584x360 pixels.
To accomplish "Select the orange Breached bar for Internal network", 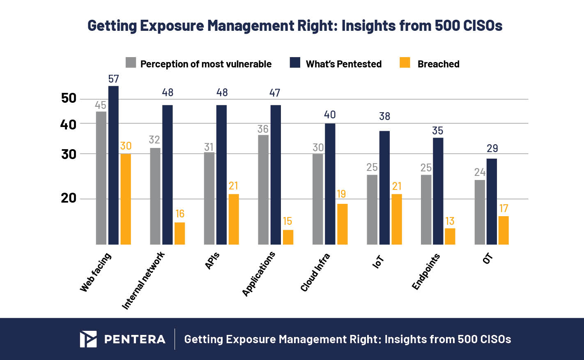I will (x=179, y=233).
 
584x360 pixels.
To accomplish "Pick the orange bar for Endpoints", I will (x=450, y=236).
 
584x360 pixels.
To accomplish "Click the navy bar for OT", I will (x=492, y=201).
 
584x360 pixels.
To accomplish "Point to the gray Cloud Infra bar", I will (x=317, y=199).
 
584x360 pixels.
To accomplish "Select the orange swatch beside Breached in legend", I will (x=405, y=63).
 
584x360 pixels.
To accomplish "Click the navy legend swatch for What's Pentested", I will (x=295, y=63).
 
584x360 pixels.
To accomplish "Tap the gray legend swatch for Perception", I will (x=131, y=63).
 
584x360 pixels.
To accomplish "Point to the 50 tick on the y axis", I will (x=69, y=98).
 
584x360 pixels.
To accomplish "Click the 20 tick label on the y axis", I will (x=69, y=198).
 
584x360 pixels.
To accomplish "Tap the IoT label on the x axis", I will (x=378, y=262).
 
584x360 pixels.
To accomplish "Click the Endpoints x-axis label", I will (x=426, y=272).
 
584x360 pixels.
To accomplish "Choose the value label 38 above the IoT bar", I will (x=384, y=116).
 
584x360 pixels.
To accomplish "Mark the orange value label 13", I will (x=450, y=221).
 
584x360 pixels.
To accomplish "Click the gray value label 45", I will (x=101, y=105).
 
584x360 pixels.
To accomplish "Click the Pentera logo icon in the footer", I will (x=88, y=339).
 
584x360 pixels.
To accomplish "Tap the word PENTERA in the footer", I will (x=135, y=339).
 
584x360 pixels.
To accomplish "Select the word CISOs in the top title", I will (x=483, y=25).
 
